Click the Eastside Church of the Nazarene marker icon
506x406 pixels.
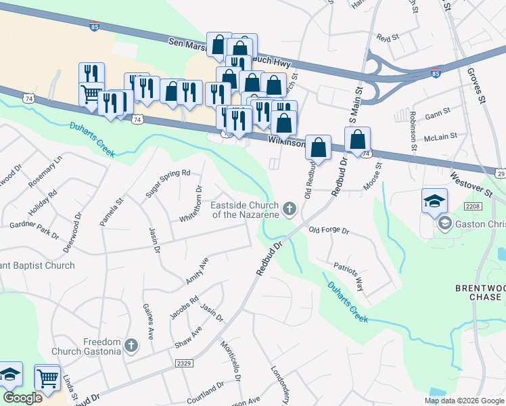coord(290,209)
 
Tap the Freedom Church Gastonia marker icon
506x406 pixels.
coord(131,347)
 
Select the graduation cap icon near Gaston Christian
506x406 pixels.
coord(435,200)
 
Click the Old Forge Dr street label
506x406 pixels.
coord(328,231)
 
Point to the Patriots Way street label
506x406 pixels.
coord(349,275)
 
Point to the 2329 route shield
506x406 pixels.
coord(184,363)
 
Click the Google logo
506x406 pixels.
coord(22,397)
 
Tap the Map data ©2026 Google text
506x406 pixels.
coord(463,400)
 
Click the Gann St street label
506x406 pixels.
coord(438,116)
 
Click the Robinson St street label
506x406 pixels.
coord(413,132)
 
